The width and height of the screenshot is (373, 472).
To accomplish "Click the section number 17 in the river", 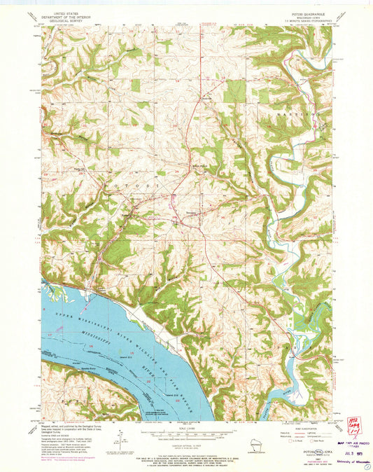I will click(x=50, y=335).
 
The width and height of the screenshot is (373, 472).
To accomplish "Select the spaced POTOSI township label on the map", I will click(x=136, y=184).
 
